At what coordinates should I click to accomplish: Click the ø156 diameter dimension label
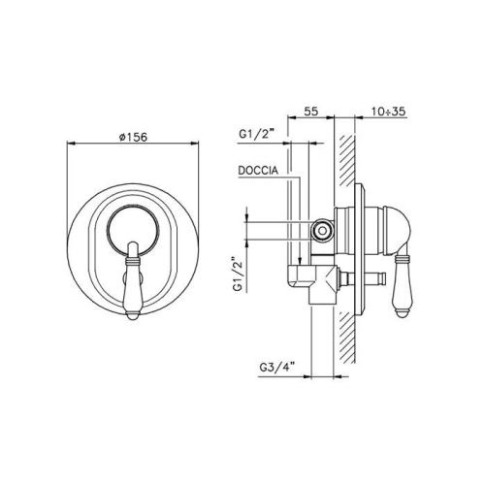133,137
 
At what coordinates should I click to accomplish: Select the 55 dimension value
311,112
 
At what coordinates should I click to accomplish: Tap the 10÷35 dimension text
388,112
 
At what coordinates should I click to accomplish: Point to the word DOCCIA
258,171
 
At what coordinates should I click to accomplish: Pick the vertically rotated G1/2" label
239,275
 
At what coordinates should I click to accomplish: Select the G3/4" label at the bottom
277,368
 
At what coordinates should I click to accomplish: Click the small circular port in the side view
322,231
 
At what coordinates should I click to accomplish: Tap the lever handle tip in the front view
132,314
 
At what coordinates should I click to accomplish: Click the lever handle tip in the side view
402,313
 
